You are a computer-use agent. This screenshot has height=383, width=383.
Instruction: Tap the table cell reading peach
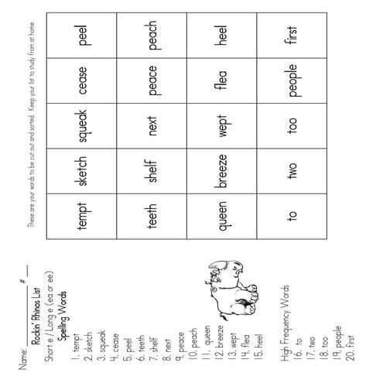click(152, 38)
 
